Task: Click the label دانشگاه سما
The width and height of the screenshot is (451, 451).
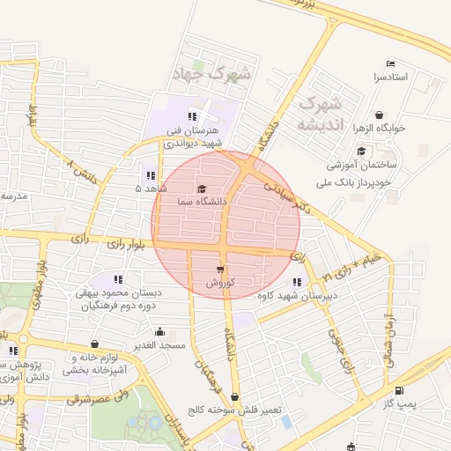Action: click(x=202, y=202)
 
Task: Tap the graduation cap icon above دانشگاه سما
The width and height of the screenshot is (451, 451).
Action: click(x=202, y=189)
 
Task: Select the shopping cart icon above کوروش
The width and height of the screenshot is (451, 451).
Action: click(x=219, y=270)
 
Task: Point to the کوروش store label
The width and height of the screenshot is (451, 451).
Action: click(x=219, y=284)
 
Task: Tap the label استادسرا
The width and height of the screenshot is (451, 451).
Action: click(x=391, y=78)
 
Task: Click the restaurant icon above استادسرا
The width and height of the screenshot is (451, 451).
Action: click(x=390, y=63)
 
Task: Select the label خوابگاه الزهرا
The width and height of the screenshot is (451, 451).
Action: click(x=380, y=128)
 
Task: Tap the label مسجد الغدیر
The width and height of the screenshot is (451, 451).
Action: click(x=159, y=345)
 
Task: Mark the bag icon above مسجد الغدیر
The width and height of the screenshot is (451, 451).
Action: click(x=159, y=332)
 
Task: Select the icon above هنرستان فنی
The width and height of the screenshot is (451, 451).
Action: click(x=192, y=116)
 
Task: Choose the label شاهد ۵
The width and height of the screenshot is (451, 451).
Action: click(x=151, y=189)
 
